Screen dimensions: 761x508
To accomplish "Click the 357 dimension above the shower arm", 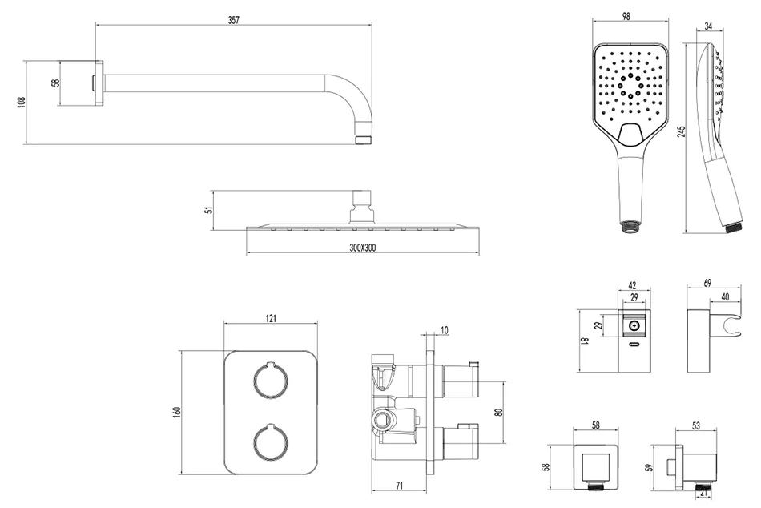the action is click(x=234, y=20).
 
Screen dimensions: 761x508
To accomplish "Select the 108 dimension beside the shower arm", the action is click(x=22, y=102).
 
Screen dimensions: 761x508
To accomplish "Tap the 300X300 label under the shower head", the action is click(x=363, y=248).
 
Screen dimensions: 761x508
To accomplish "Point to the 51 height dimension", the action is click(x=209, y=210).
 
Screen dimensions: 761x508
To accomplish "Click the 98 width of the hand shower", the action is click(x=626, y=16).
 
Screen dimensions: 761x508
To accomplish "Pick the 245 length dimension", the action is click(x=682, y=131).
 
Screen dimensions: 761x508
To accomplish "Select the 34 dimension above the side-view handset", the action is click(x=708, y=26).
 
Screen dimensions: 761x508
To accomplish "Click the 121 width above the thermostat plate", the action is click(x=271, y=318).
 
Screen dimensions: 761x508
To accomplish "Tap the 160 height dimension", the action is click(x=177, y=412).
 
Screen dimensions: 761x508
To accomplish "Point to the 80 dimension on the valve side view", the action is click(x=498, y=413).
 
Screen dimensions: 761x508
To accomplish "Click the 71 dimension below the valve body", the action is click(x=399, y=486).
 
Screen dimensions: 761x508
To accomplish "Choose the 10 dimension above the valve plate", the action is click(x=445, y=330).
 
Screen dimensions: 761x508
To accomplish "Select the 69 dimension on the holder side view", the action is click(x=707, y=283).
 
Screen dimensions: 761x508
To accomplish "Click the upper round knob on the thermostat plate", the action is click(x=270, y=381).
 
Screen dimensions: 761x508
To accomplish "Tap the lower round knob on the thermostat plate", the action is click(x=270, y=441).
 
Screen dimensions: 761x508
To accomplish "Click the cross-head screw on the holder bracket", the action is click(x=634, y=325).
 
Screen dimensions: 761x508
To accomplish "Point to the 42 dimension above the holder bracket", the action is click(x=632, y=285).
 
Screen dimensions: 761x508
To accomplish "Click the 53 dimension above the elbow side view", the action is click(x=695, y=425).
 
